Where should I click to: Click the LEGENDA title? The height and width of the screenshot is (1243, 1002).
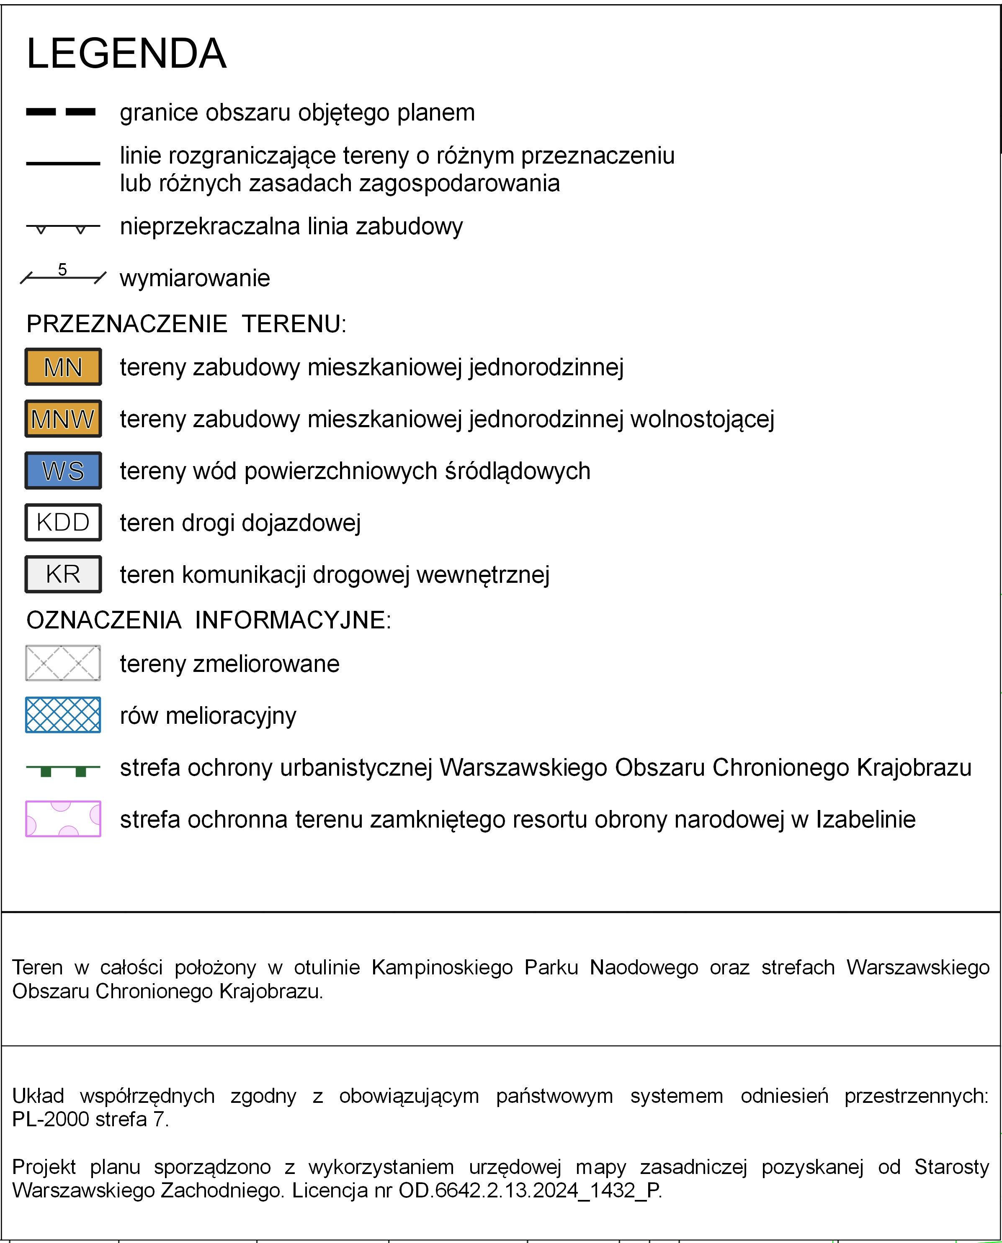126,54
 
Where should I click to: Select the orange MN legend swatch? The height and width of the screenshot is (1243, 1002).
63,367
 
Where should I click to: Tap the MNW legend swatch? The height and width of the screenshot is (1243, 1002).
63,419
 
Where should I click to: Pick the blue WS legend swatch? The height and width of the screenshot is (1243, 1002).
63,471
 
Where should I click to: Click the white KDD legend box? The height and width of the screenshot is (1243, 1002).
63,523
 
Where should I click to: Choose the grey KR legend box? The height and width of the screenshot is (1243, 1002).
63,574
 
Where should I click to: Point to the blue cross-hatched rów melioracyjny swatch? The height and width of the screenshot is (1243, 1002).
63,715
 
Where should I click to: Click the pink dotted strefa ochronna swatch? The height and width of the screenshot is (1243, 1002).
63,819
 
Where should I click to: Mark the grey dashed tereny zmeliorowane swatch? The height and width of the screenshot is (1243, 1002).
63,663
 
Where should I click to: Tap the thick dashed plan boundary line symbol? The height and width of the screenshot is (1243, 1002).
61,112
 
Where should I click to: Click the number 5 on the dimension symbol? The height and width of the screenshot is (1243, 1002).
62,269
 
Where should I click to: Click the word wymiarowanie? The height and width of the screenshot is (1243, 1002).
195,278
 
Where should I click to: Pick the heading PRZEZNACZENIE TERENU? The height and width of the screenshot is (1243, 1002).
186,324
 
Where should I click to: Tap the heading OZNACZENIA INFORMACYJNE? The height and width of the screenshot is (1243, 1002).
209,620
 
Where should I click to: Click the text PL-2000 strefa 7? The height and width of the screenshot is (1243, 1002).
90,1120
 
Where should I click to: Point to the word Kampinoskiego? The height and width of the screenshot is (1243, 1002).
442,967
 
